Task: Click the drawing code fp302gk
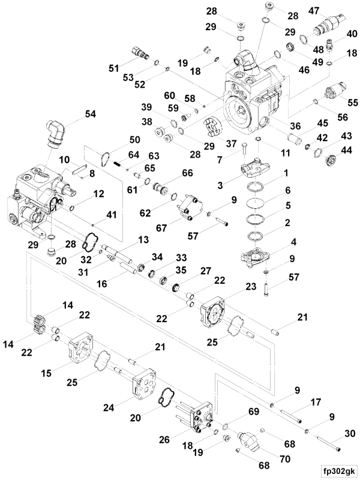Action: pos(338,470)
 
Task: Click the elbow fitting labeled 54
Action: pos(52,133)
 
